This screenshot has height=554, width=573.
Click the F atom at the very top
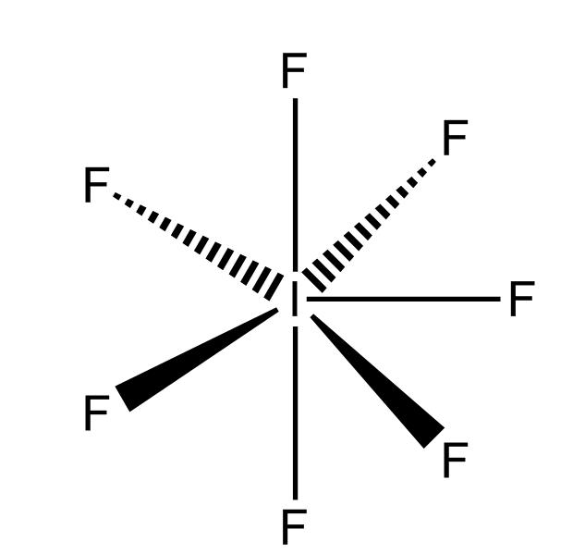tap(294, 70)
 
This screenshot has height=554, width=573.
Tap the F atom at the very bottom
tap(294, 526)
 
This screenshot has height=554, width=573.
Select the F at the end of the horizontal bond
tap(522, 299)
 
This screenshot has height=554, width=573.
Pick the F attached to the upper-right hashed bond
tap(455, 137)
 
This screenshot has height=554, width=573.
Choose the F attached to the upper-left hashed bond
tap(96, 184)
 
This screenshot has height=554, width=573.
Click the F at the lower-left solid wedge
tap(96, 412)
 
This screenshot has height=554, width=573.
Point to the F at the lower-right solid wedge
tap(455, 460)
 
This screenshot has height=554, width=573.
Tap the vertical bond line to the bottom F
tap(295, 413)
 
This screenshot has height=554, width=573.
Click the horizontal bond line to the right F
tap(404, 299)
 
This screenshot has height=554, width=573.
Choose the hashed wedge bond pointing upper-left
tap(199, 247)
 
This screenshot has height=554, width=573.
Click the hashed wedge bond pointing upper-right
tap(369, 226)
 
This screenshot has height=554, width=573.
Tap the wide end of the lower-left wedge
tap(123, 399)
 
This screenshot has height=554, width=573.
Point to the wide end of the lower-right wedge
tap(434, 437)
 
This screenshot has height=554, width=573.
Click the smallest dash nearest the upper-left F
tap(116, 196)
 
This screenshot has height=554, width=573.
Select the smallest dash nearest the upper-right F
tap(432, 162)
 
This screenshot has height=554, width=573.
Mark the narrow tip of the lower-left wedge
tap(277, 309)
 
